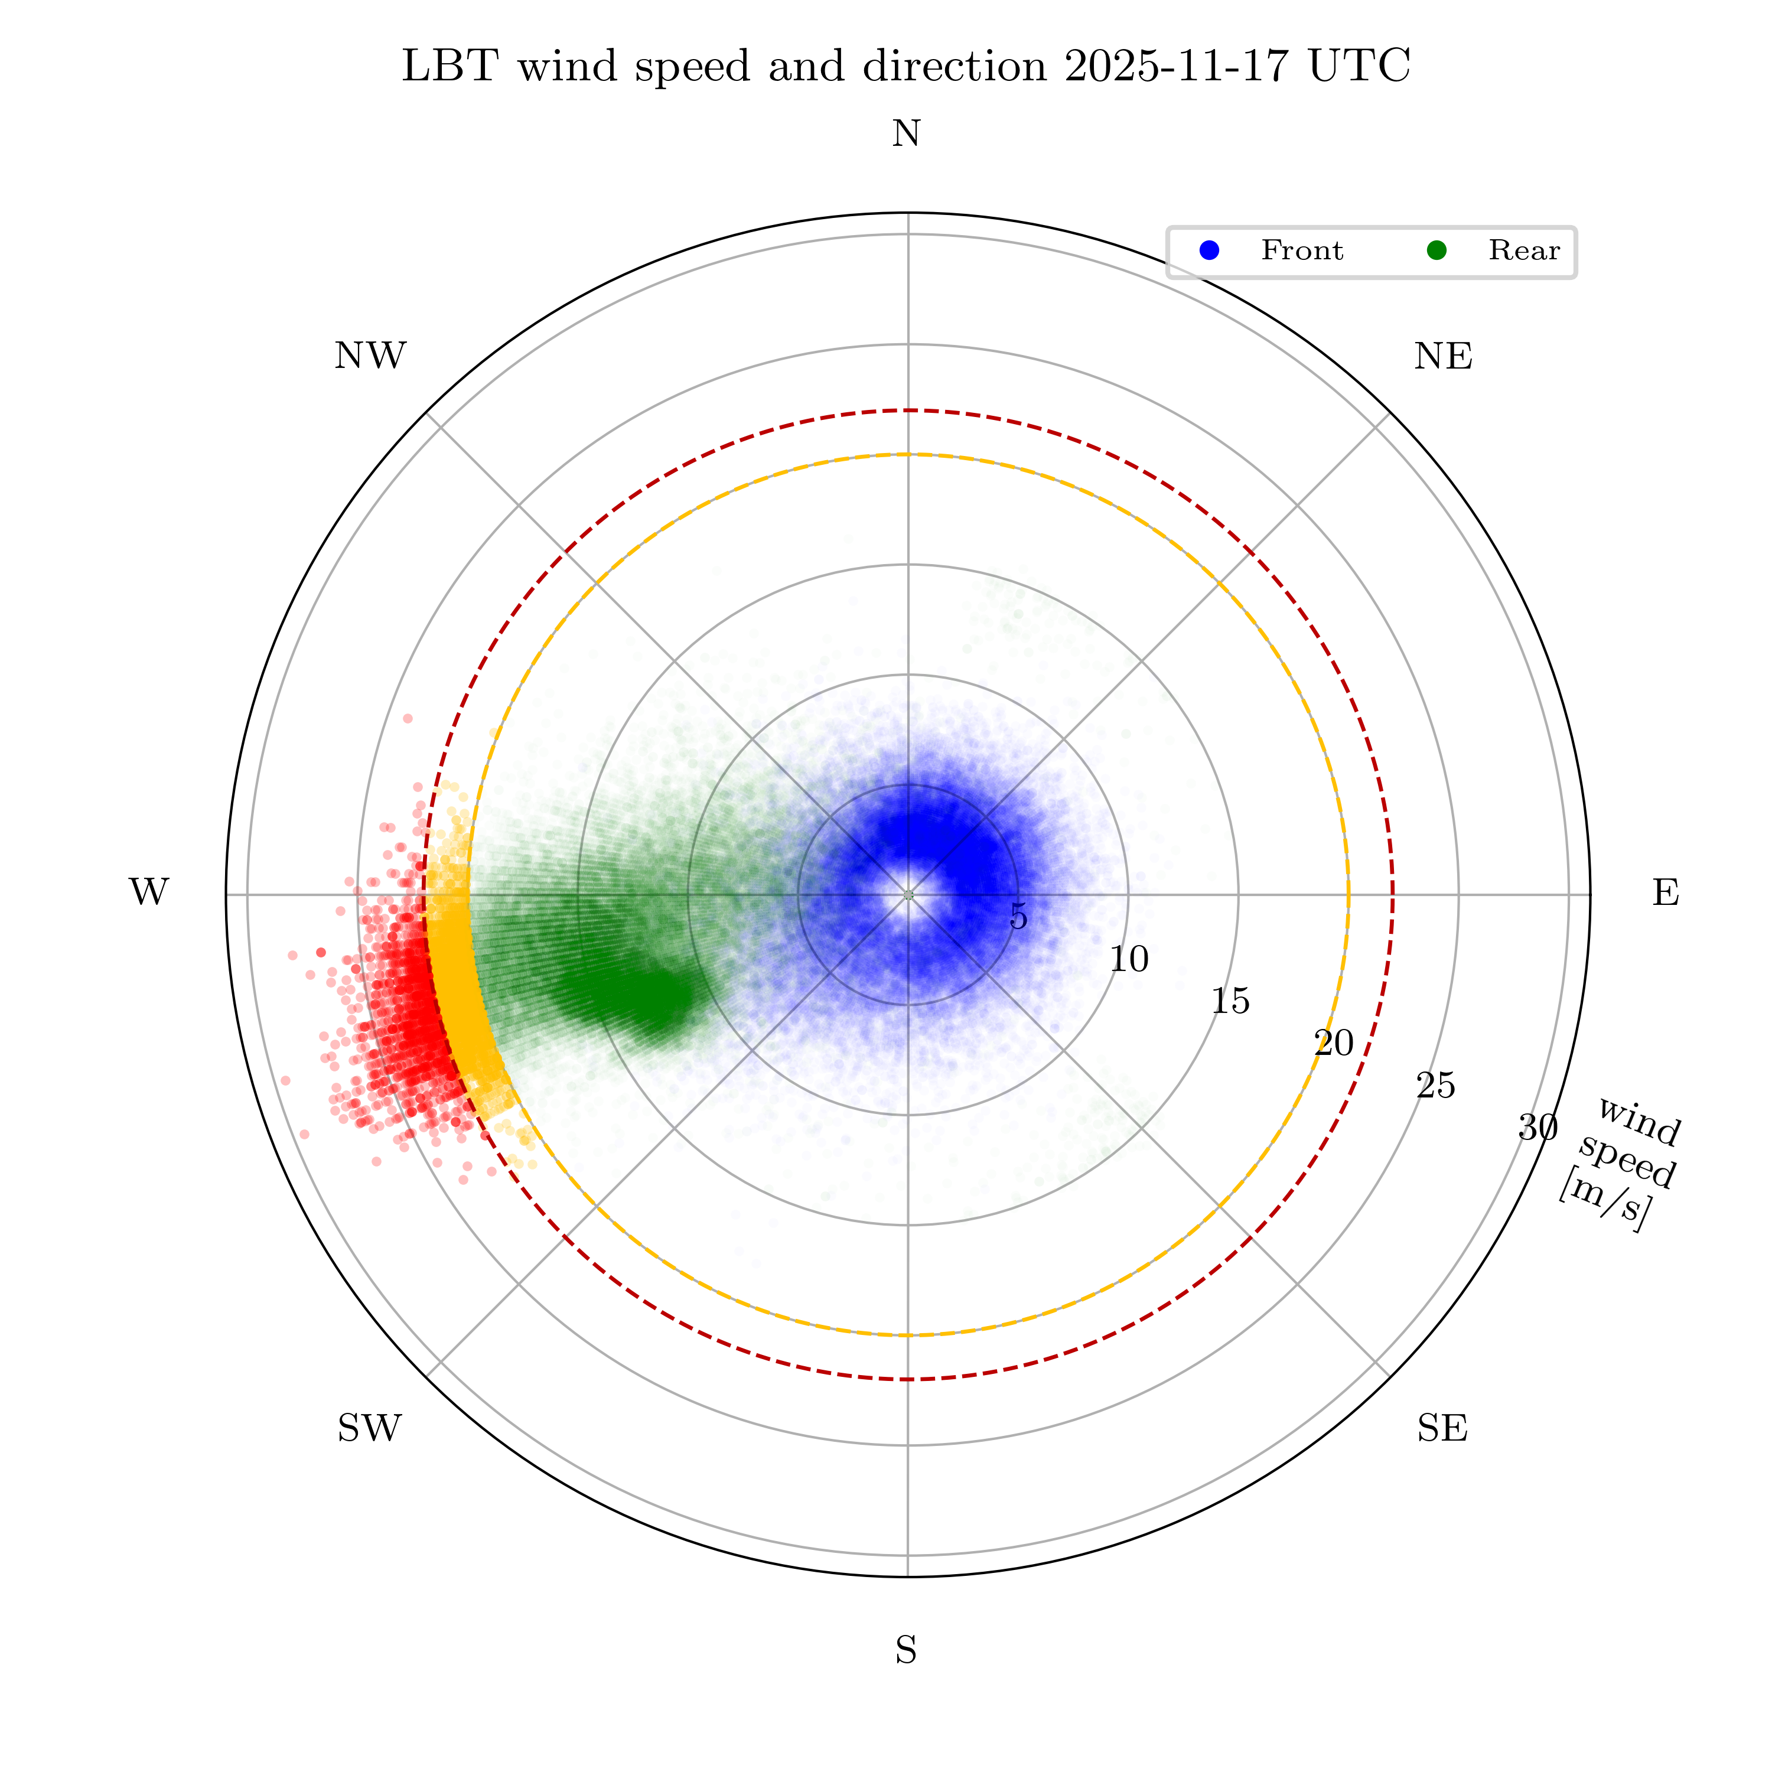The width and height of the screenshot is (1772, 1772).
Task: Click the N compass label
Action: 906,134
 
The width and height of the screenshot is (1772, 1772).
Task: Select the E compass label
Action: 1666,892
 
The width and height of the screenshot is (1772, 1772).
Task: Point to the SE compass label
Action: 1442,1428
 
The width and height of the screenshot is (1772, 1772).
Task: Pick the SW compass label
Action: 370,1428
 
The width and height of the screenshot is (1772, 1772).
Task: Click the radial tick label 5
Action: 1018,916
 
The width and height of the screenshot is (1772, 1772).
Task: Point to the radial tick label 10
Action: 1128,959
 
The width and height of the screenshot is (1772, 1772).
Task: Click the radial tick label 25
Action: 1435,1086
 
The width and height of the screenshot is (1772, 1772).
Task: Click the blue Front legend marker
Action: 1210,250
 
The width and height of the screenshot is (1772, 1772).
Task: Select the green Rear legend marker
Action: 1437,250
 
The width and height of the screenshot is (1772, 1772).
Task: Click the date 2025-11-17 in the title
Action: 1178,66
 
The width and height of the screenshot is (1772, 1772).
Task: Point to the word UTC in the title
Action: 1359,66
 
